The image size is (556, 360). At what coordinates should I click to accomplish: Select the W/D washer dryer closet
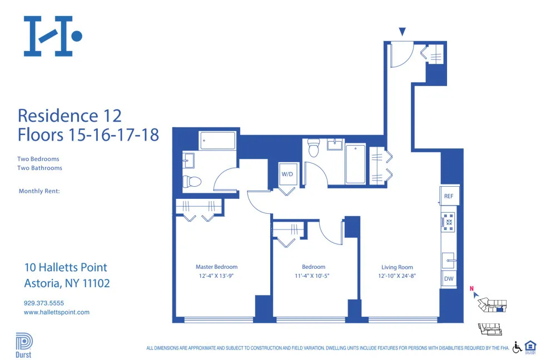tap(287, 174)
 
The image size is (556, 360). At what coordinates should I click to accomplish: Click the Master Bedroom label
tap(216, 267)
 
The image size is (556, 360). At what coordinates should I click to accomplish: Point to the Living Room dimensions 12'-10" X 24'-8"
tap(397, 276)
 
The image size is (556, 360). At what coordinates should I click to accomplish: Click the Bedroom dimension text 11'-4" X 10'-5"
tap(314, 276)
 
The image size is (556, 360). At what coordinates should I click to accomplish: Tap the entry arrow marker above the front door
tap(403, 32)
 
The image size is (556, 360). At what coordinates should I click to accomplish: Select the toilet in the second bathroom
tap(314, 148)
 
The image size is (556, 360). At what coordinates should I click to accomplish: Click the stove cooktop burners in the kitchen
tap(448, 222)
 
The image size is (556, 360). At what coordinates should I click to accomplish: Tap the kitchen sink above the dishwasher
tap(449, 259)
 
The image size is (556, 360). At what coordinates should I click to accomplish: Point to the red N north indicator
tap(471, 288)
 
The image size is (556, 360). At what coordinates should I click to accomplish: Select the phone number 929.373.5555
tap(44, 303)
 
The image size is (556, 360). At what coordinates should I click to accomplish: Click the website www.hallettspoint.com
tap(57, 312)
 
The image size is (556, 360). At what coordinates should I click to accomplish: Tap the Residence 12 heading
tap(69, 116)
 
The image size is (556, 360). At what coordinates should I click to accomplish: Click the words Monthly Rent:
tap(39, 191)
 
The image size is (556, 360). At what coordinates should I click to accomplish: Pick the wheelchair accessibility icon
tap(517, 347)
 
